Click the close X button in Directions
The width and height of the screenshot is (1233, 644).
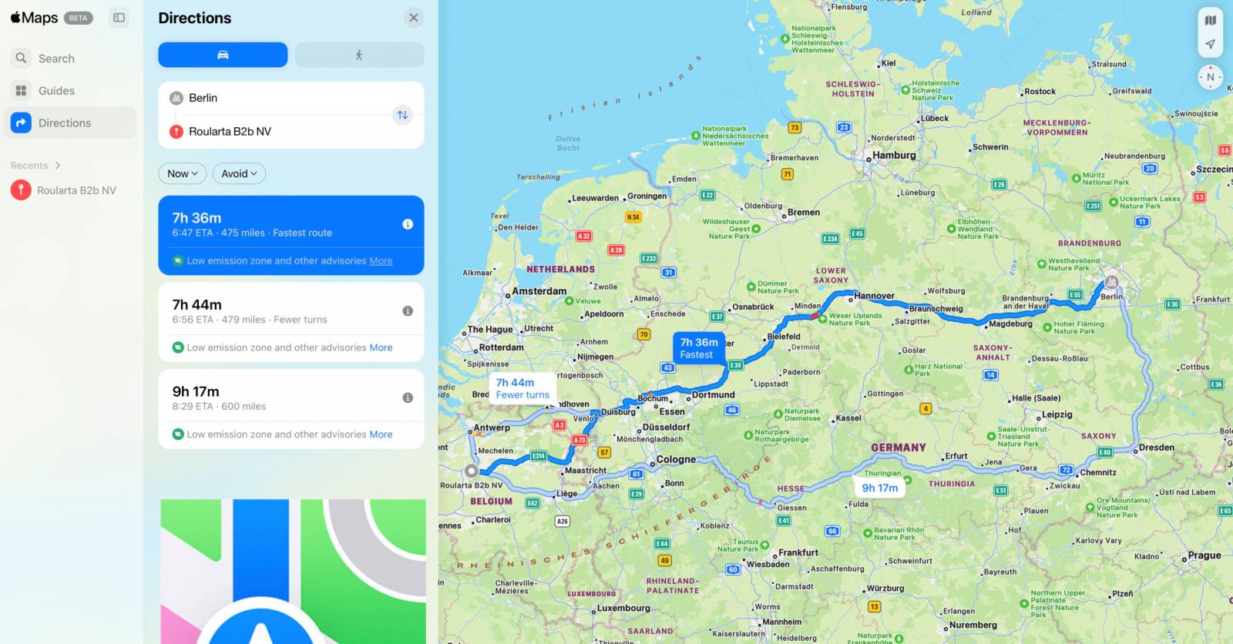click(414, 18)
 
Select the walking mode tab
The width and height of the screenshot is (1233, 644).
click(359, 55)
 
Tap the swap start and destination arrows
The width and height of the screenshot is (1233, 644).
click(402, 115)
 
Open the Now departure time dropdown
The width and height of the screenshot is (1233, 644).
click(183, 173)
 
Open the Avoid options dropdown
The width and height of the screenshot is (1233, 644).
click(239, 173)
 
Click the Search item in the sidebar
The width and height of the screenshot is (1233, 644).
click(56, 59)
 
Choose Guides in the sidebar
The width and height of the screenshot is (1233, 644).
click(56, 91)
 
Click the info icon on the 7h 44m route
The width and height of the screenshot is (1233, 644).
click(408, 311)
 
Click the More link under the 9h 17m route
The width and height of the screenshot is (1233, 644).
click(381, 434)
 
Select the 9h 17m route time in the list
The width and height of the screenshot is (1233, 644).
click(196, 391)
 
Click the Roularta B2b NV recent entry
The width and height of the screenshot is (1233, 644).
click(76, 190)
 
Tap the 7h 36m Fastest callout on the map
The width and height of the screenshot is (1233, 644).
click(699, 348)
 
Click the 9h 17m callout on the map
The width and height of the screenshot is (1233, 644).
click(880, 488)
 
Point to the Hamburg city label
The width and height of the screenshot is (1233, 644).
click(894, 155)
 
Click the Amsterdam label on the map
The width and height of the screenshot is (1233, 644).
click(539, 291)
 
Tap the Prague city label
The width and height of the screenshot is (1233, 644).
click(1204, 555)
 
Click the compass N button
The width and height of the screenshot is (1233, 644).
click(1210, 77)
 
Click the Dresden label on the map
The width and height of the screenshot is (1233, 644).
click(1156, 448)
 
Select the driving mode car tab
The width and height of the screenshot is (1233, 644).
click(223, 55)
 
